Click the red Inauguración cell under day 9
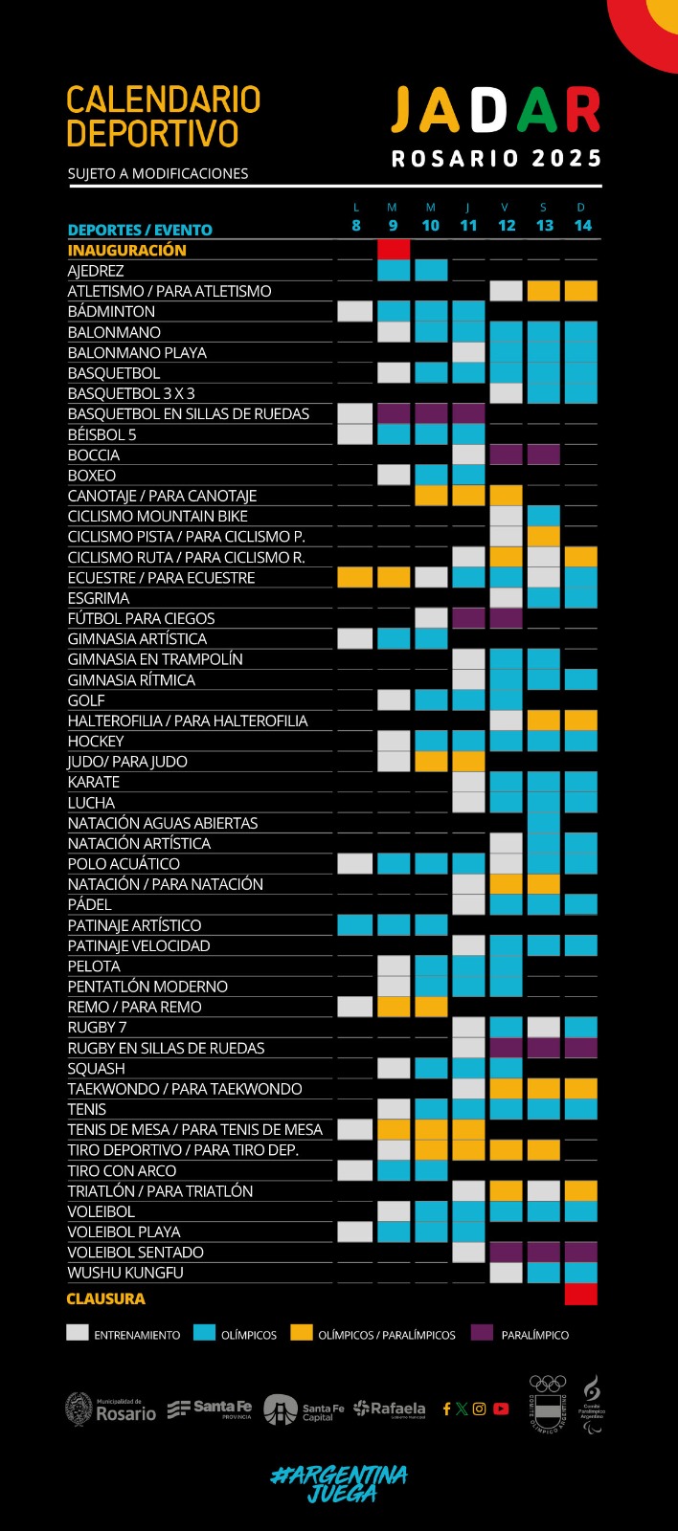(394, 250)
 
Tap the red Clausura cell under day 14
(581, 1295)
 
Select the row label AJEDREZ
(96, 271)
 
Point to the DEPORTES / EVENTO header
(140, 230)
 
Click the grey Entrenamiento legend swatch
(78, 1332)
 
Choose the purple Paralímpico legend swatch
(482, 1332)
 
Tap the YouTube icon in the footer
(501, 1409)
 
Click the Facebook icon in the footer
(446, 1409)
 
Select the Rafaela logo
(389, 1409)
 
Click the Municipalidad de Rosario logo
(110, 1409)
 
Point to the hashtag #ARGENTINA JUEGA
(339, 1484)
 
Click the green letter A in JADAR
(536, 111)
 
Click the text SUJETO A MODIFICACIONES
(158, 173)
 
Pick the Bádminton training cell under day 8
(355, 311)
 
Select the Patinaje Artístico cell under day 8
(355, 925)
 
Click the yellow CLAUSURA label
(105, 1298)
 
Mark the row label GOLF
(86, 700)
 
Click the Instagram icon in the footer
(480, 1409)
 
